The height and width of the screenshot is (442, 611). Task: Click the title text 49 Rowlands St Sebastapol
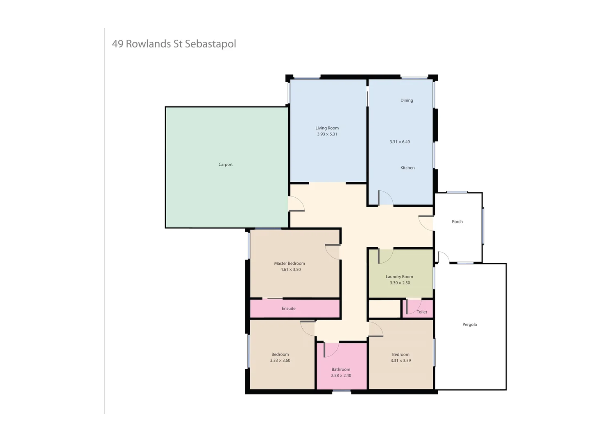[174, 44]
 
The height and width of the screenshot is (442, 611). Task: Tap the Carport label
[225, 165]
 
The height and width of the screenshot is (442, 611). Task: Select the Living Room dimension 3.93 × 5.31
[327, 134]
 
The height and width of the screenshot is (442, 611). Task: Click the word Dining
[407, 100]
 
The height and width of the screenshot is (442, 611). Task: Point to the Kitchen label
[407, 168]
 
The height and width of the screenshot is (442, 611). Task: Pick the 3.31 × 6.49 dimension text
[400, 142]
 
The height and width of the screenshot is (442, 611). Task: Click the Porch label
[457, 222]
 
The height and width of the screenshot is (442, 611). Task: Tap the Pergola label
[469, 325]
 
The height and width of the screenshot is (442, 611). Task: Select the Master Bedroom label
[290, 264]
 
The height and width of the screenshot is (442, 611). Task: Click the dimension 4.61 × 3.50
[290, 270]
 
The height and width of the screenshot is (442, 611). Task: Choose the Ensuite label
[288, 309]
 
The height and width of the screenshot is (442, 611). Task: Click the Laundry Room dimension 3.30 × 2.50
[400, 283]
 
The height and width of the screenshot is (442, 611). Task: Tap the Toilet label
[422, 312]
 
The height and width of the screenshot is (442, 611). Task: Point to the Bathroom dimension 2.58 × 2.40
[341, 376]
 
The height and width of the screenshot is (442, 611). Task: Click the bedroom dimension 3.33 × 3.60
[280, 361]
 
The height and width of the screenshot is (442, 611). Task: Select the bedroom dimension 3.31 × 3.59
[401, 361]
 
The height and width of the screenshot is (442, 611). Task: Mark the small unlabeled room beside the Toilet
[385, 309]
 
